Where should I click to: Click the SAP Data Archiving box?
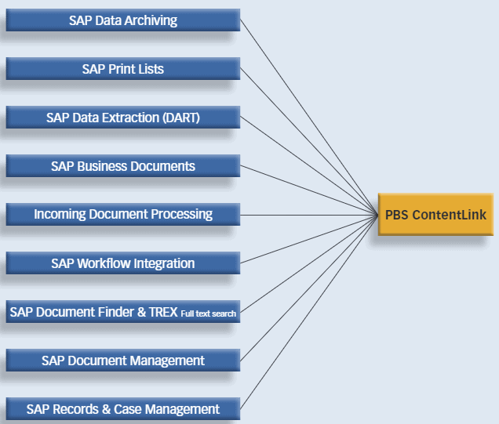pyautogui.click(x=122, y=20)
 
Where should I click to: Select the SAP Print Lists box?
pyautogui.click(x=122, y=69)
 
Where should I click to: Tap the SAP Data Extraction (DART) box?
pyautogui.click(x=122, y=118)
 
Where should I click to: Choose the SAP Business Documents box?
pyautogui.click(x=122, y=166)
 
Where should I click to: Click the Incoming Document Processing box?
pyautogui.click(x=122, y=214)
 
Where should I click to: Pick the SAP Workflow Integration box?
pyautogui.click(x=122, y=263)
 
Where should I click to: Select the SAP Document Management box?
pyautogui.click(x=122, y=361)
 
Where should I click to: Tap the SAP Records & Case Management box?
pyautogui.click(x=122, y=409)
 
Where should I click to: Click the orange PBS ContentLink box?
pyautogui.click(x=435, y=215)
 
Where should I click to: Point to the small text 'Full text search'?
pyautogui.click(x=208, y=313)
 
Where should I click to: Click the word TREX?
pyautogui.click(x=163, y=312)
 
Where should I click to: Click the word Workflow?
pyautogui.click(x=105, y=263)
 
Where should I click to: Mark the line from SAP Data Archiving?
pyautogui.click(x=306, y=109)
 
